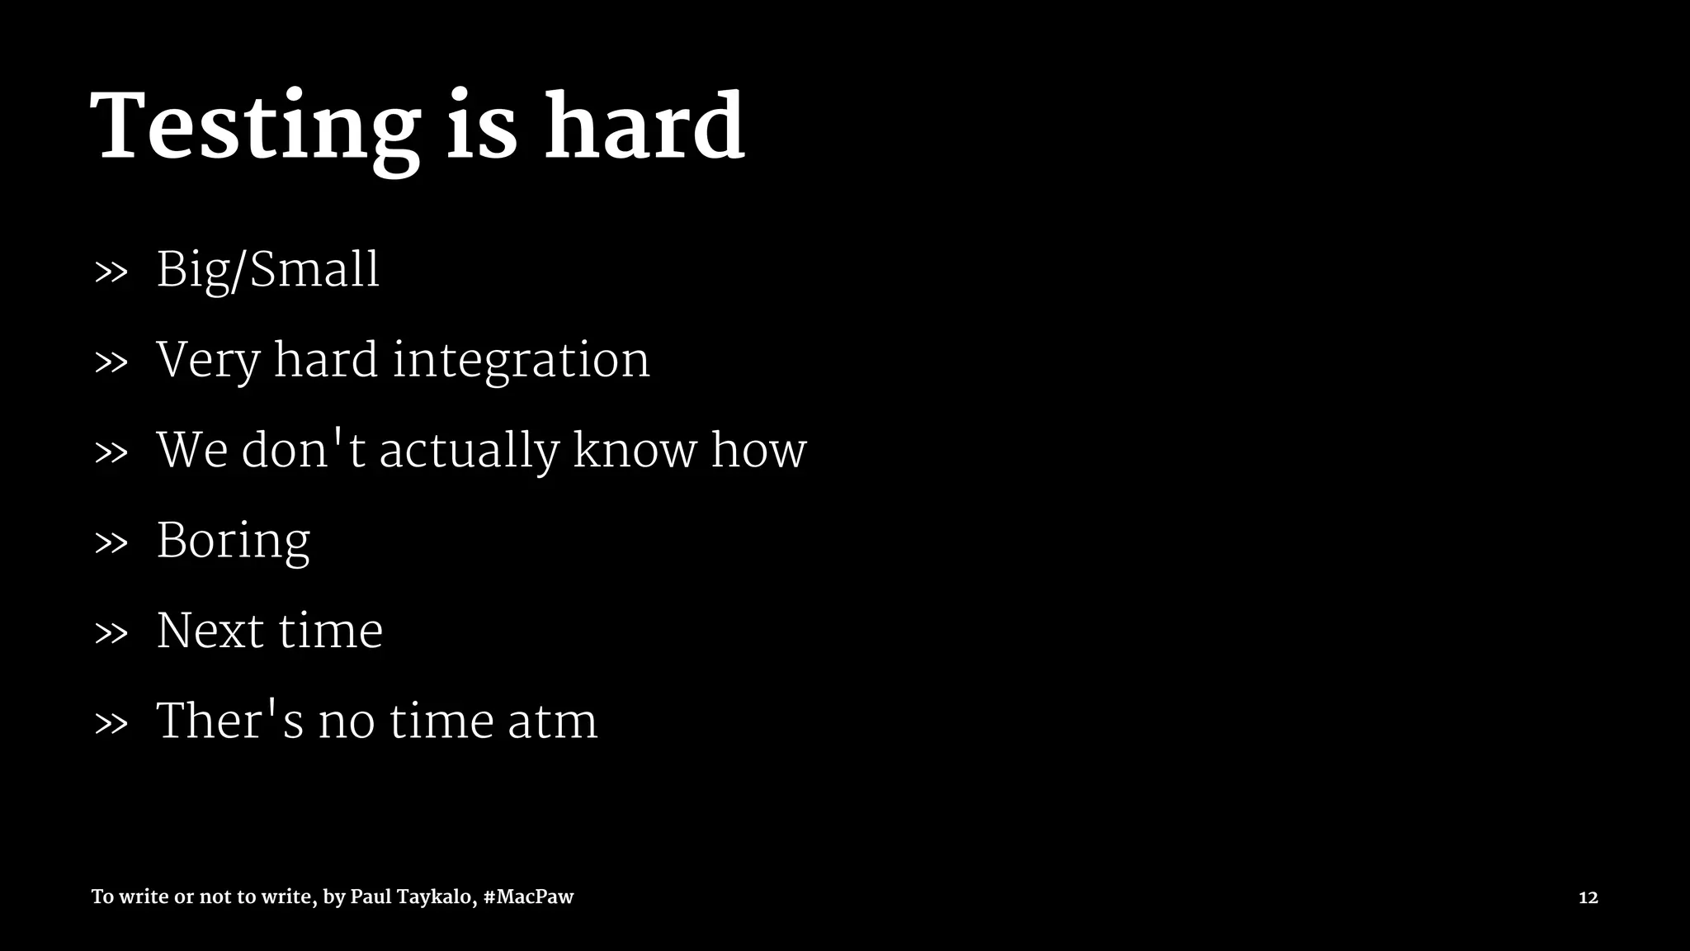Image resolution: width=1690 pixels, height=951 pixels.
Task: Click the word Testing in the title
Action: (x=255, y=128)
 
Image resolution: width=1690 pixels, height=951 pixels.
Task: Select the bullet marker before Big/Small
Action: (x=111, y=272)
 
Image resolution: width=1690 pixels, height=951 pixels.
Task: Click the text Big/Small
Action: (x=267, y=270)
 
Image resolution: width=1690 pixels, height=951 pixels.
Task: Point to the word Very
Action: (x=207, y=361)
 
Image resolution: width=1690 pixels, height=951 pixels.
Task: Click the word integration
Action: (x=521, y=361)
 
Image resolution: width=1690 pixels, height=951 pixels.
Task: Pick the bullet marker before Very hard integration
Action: (x=111, y=362)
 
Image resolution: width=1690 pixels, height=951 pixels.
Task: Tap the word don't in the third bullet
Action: (x=303, y=450)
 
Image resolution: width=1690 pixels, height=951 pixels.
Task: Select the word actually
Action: (x=468, y=452)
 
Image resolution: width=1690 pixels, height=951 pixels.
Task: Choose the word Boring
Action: (x=233, y=542)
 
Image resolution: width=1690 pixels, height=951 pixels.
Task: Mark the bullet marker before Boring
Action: (x=111, y=543)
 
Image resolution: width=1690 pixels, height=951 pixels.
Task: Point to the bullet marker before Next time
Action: (x=111, y=634)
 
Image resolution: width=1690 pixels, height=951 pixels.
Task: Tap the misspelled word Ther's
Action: (x=229, y=721)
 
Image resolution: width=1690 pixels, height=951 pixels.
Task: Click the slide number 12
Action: (x=1588, y=897)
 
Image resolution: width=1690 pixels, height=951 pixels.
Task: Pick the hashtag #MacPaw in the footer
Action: (x=528, y=897)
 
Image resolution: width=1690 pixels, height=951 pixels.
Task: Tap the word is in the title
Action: (x=482, y=128)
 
